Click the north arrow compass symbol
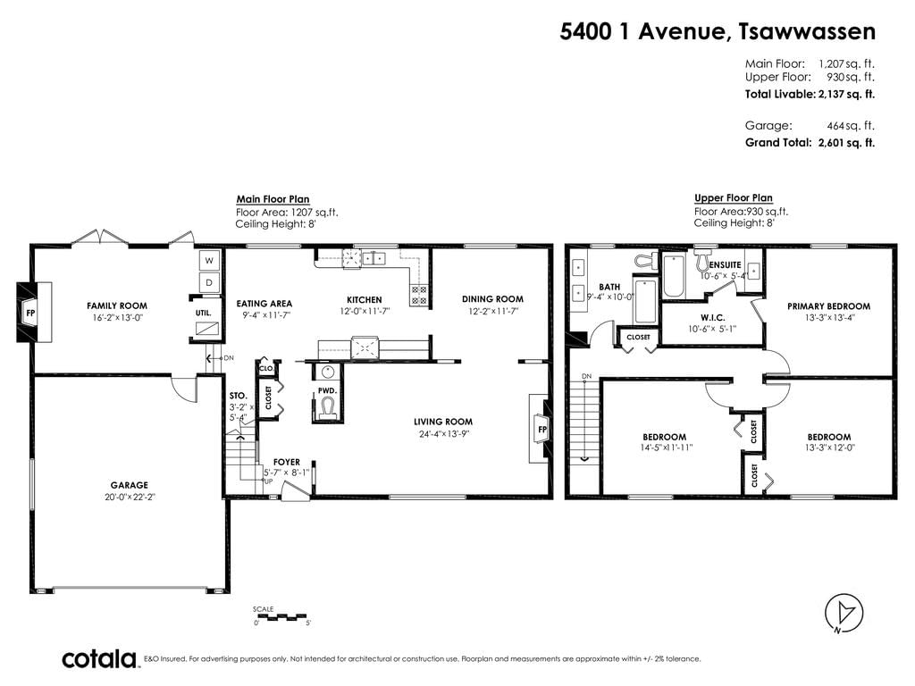pyautogui.click(x=844, y=614)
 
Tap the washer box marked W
pyautogui.click(x=209, y=260)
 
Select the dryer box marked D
pyautogui.click(x=209, y=283)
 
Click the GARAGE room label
pyautogui.click(x=129, y=485)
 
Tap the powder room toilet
pyautogui.click(x=327, y=406)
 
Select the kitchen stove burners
pyautogui.click(x=418, y=295)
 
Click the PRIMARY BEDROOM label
pyautogui.click(x=828, y=306)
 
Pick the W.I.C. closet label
pyautogui.click(x=712, y=318)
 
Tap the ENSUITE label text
pyautogui.click(x=726, y=264)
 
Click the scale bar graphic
pyautogui.click(x=281, y=616)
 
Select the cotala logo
pyautogui.click(x=99, y=659)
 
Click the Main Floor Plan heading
pyautogui.click(x=273, y=199)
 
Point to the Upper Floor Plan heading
pyautogui.click(x=733, y=197)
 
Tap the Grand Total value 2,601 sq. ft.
pyautogui.click(x=846, y=142)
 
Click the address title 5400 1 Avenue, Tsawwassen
pyautogui.click(x=718, y=31)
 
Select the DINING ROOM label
pyautogui.click(x=492, y=299)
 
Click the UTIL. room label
pyautogui.click(x=203, y=314)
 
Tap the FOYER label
pyautogui.click(x=287, y=462)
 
